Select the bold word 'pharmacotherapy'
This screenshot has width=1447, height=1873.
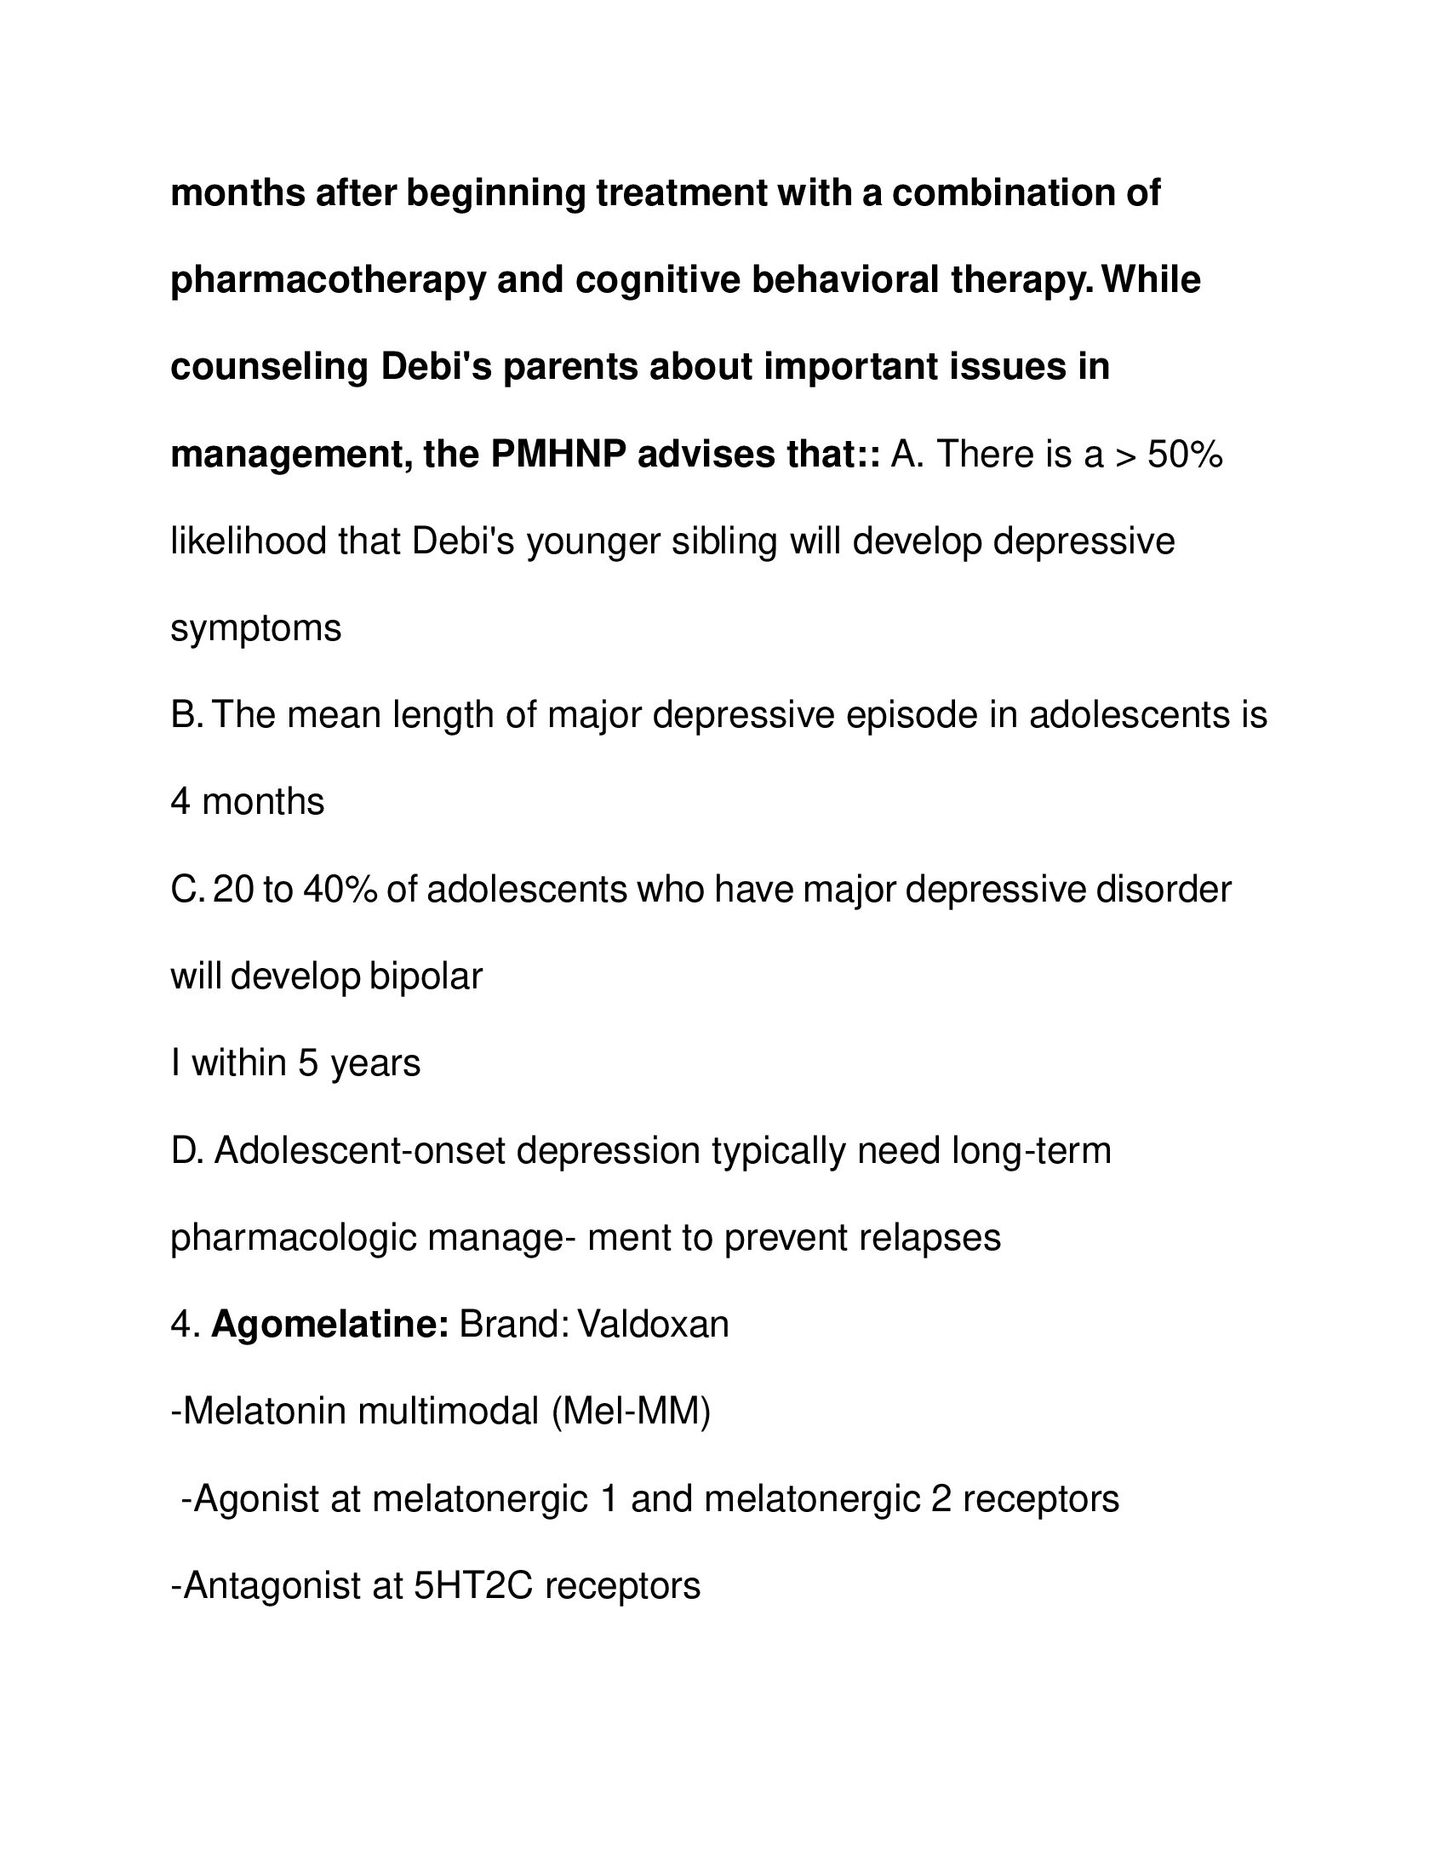(328, 280)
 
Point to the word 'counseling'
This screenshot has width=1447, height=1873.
(269, 367)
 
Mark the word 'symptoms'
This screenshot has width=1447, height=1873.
(256, 628)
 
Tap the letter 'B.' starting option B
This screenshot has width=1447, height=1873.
(186, 715)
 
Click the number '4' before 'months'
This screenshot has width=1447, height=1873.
(180, 802)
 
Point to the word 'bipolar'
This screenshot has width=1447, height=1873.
(426, 976)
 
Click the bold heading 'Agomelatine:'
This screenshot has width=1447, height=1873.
(330, 1325)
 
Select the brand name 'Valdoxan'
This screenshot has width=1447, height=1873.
(653, 1325)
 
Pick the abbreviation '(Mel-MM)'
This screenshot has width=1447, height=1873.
(631, 1412)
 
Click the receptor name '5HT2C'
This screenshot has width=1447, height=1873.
(474, 1587)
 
